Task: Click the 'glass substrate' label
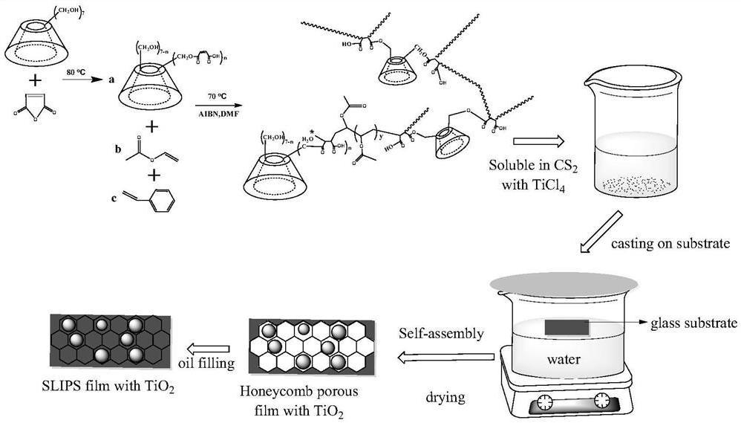pos(693,323)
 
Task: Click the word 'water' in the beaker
pos(564,360)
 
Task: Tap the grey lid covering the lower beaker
pos(564,283)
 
